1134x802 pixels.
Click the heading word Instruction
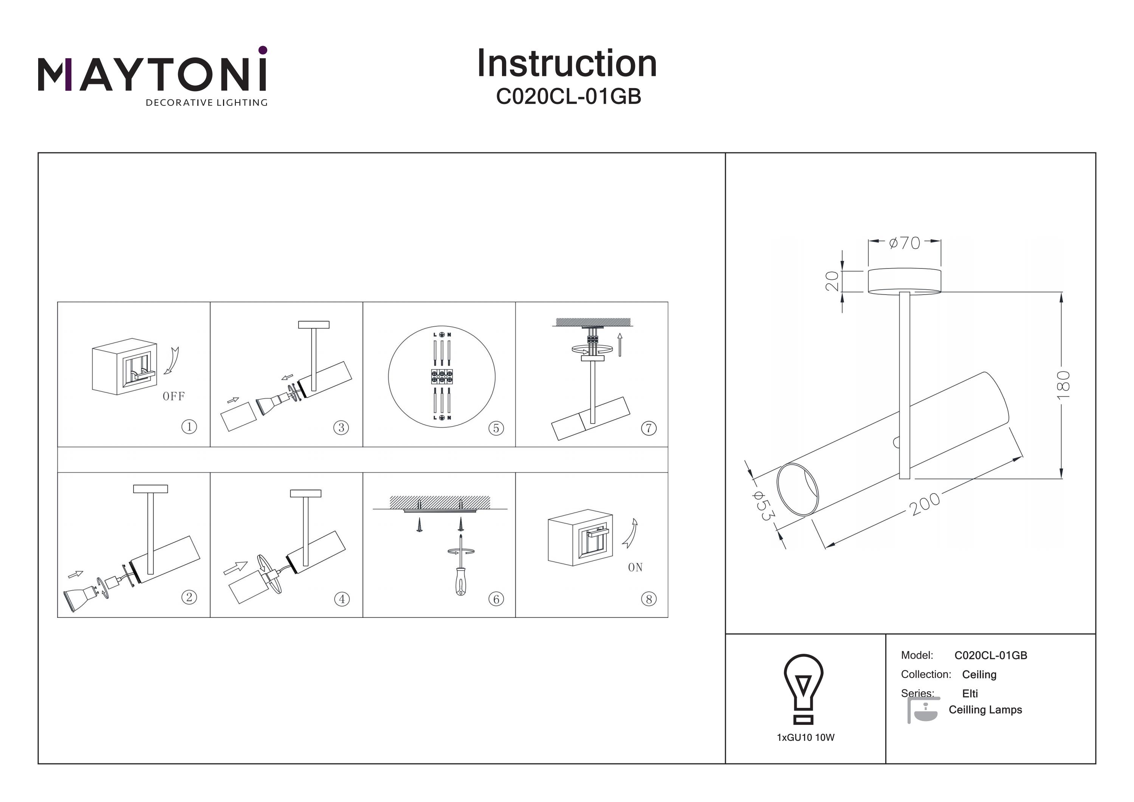567,64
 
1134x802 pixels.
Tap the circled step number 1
189,427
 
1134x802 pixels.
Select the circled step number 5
496,428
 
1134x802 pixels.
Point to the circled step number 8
649,599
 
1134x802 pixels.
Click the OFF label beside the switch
174,396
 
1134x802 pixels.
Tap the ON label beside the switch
635,567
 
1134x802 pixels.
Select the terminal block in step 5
442,377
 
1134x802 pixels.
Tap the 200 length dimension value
925,504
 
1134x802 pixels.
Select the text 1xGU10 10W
805,738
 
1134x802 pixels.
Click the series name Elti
970,693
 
